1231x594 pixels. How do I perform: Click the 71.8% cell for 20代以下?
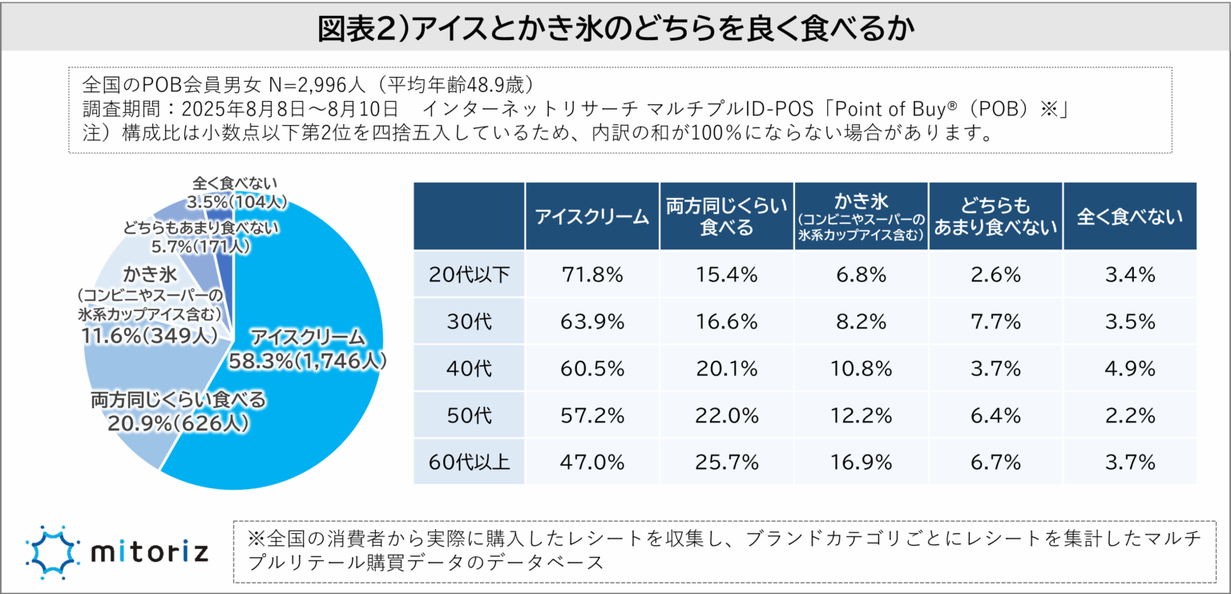tap(592, 275)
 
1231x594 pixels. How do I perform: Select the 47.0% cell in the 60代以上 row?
tap(592, 462)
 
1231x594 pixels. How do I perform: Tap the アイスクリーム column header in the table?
tap(592, 216)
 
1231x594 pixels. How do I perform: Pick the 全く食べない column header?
tap(1129, 216)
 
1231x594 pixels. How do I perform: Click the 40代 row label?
tap(470, 369)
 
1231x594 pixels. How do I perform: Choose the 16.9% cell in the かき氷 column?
tap(862, 462)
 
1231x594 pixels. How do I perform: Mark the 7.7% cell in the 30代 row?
tap(996, 322)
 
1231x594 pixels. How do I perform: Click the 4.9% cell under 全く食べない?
tap(1129, 369)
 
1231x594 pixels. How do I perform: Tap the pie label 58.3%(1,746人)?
tap(308, 362)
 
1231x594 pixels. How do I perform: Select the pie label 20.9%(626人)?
tap(177, 422)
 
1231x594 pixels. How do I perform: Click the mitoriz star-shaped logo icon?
tap(54, 552)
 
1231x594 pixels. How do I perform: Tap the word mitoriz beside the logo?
tap(150, 552)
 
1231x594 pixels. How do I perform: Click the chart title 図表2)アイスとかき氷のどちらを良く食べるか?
tap(615, 29)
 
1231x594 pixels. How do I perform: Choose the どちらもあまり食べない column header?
tap(996, 216)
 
